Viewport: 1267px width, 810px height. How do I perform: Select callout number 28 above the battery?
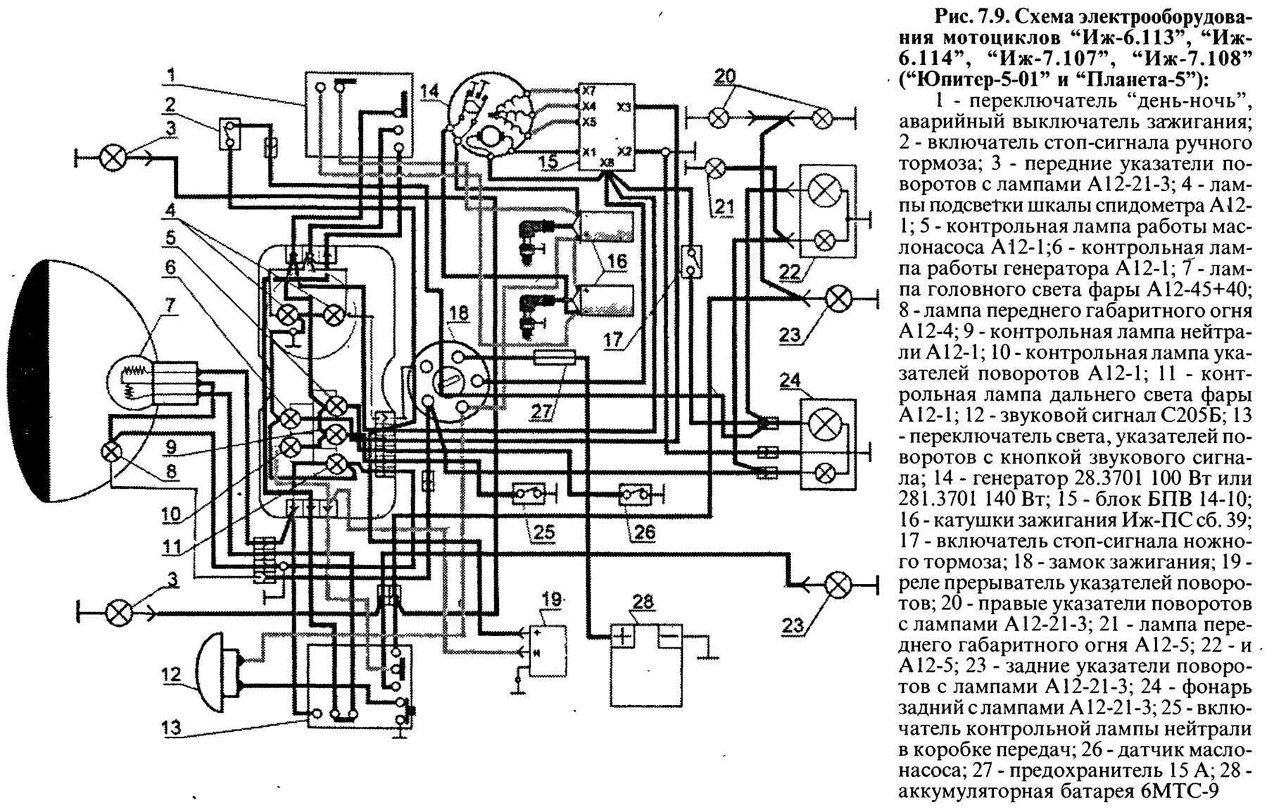pyautogui.click(x=643, y=602)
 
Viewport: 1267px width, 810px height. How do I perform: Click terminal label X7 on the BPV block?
pyautogui.click(x=589, y=92)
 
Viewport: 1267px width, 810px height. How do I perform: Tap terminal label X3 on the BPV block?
pyautogui.click(x=624, y=107)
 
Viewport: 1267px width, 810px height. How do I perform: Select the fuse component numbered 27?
pyautogui.click(x=556, y=359)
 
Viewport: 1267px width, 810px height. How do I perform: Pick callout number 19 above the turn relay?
pyautogui.click(x=553, y=600)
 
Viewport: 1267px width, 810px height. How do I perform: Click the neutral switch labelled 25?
pyautogui.click(x=529, y=495)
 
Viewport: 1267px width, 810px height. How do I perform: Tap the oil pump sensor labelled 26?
pyautogui.click(x=636, y=495)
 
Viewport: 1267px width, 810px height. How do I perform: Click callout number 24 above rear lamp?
pyautogui.click(x=790, y=381)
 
